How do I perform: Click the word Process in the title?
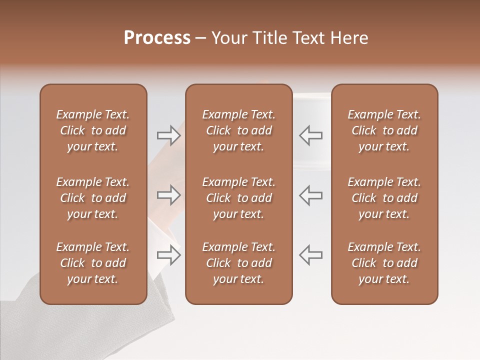pos(157,38)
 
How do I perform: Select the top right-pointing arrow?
pos(169,135)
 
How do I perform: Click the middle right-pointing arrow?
pos(169,195)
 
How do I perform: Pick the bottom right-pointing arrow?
pos(169,255)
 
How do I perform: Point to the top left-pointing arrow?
pos(310,135)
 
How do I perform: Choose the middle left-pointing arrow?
pos(310,195)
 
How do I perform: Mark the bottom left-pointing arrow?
pos(310,255)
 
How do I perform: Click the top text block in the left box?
pos(93,130)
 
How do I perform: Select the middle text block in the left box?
pos(93,198)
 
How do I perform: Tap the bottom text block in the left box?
pos(93,263)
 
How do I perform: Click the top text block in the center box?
pos(238,130)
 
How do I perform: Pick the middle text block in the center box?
pos(238,198)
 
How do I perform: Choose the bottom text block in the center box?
pos(238,263)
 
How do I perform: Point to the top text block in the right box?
pos(384,130)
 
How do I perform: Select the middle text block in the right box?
pos(384,198)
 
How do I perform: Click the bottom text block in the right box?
pos(384,263)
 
